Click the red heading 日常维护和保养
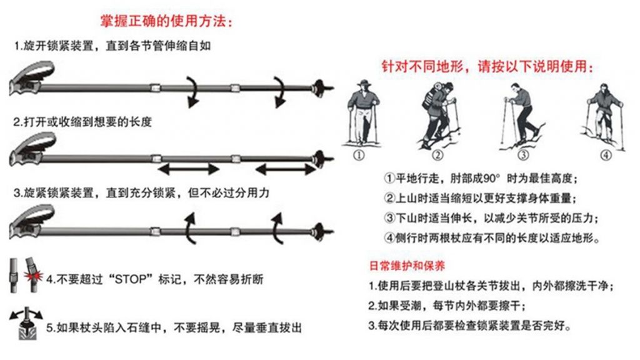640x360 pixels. [406, 266]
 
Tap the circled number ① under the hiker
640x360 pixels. [359, 156]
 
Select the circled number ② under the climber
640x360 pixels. [437, 156]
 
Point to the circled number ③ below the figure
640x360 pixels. [523, 156]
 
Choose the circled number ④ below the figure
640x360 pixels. [606, 156]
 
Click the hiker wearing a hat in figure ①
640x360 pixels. [362, 112]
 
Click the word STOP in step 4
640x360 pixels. [131, 279]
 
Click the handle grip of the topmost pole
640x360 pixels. [31, 77]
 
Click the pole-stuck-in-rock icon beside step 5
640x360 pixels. [26, 323]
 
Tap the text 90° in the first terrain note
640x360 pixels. [491, 178]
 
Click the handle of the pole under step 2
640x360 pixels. [32, 149]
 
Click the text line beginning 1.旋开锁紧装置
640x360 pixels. [112, 46]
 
